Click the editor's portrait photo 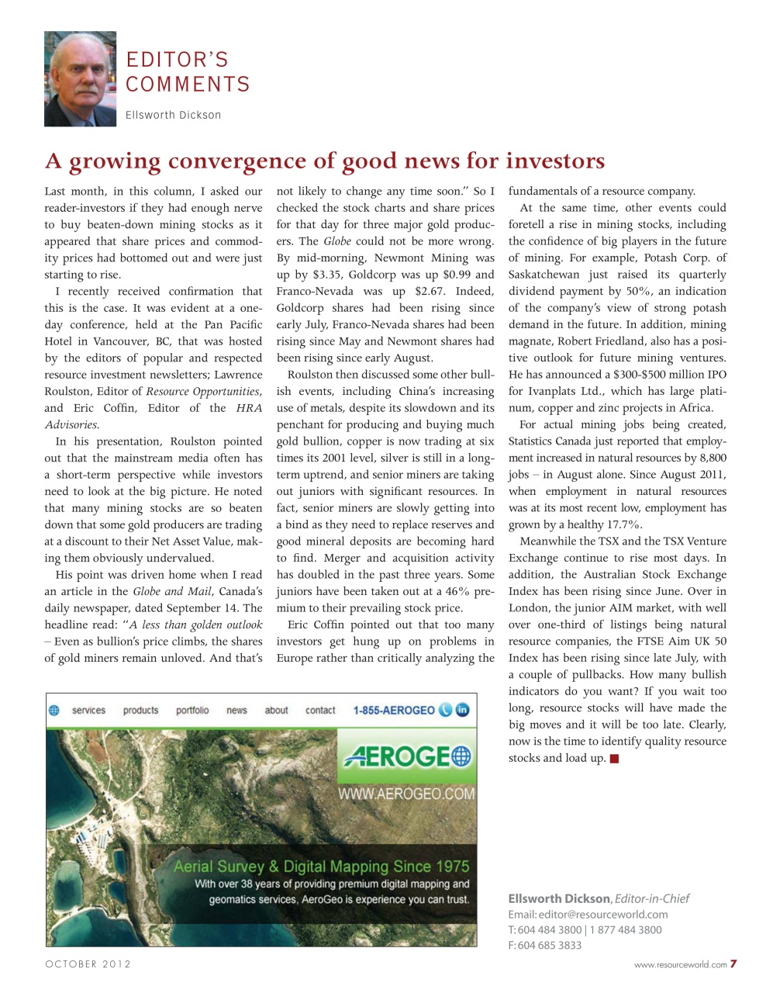[x=80, y=79]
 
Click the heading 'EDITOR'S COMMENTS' [x=188, y=72]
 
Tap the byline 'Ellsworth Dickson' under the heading [x=173, y=115]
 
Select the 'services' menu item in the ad [x=88, y=710]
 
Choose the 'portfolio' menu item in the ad [x=192, y=710]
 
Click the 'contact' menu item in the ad [x=320, y=710]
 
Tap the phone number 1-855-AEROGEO [x=393, y=710]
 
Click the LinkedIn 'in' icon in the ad [x=463, y=710]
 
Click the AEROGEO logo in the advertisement [x=407, y=756]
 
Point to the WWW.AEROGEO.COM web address [x=405, y=794]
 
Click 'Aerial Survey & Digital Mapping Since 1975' [x=321, y=867]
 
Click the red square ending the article [x=614, y=759]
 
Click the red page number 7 [x=733, y=964]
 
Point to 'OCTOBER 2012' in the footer [x=88, y=964]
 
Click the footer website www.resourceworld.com [x=680, y=965]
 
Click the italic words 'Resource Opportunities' [x=202, y=392]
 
